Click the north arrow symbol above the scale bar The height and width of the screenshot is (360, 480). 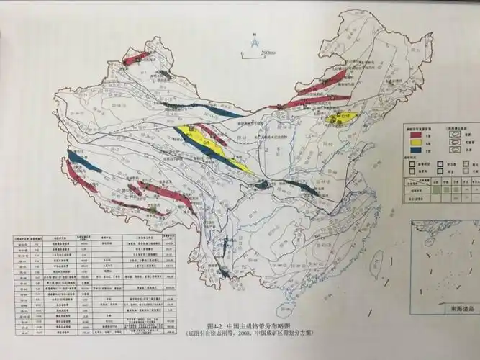pyautogui.click(x=254, y=43)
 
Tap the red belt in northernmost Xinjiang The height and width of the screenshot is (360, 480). pyautogui.click(x=137, y=58)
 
